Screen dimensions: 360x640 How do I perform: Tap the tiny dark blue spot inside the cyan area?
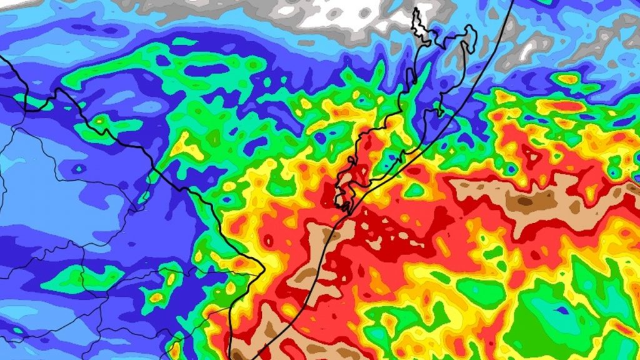click(x=79, y=169)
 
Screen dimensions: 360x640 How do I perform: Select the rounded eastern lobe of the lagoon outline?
click(x=470, y=37)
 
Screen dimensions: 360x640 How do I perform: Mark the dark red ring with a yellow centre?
click(x=269, y=240)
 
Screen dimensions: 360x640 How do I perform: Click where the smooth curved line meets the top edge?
click(x=513, y=1)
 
